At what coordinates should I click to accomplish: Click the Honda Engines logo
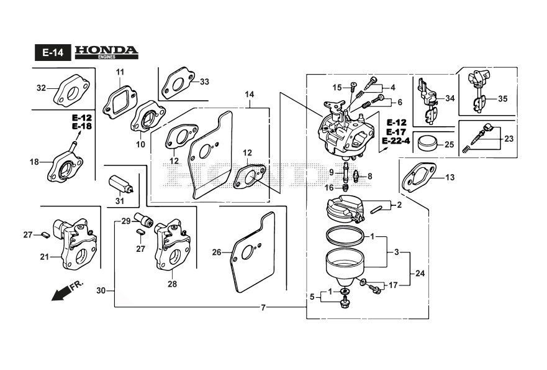(x=106, y=52)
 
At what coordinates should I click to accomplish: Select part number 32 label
(x=41, y=88)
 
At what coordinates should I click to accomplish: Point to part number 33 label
(x=204, y=81)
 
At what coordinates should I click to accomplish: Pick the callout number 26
(x=216, y=252)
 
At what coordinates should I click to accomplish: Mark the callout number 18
(x=34, y=162)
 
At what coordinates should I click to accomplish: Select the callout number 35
(x=502, y=99)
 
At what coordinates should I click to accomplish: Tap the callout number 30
(x=101, y=290)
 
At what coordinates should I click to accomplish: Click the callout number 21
(x=44, y=257)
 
